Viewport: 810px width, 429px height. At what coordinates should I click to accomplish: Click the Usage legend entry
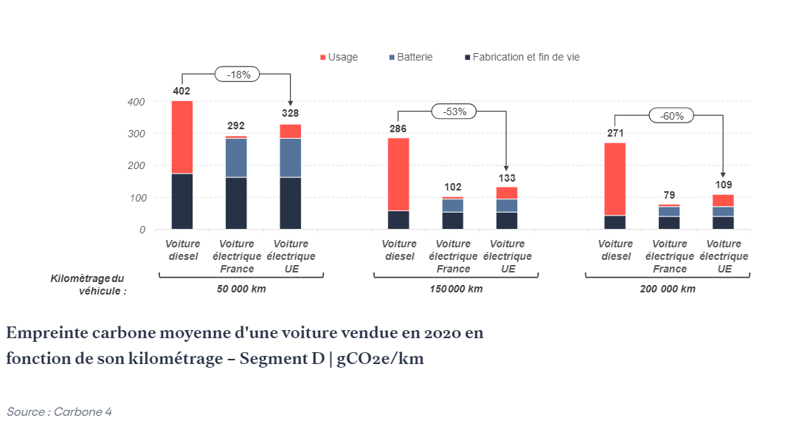point(339,57)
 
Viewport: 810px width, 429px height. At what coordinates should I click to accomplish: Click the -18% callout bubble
point(238,74)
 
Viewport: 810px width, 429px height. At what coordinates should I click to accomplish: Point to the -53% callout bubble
point(454,111)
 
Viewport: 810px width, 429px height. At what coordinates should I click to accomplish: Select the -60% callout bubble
point(671,115)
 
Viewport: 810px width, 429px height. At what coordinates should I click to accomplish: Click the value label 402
point(181,91)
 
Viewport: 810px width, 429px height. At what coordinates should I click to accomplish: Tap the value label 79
point(669,195)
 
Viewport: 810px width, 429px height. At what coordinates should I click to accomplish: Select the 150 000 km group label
point(455,289)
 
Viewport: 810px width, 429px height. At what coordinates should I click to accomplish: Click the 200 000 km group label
point(668,289)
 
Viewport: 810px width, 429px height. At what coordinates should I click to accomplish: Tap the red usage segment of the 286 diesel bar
point(398,174)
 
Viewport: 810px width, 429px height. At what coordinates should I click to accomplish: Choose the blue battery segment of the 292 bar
point(236,157)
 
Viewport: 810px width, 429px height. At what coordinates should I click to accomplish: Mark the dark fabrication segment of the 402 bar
point(182,201)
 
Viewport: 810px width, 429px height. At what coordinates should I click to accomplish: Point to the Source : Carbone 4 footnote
point(59,411)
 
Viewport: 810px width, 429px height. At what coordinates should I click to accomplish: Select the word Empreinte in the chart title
point(44,333)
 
